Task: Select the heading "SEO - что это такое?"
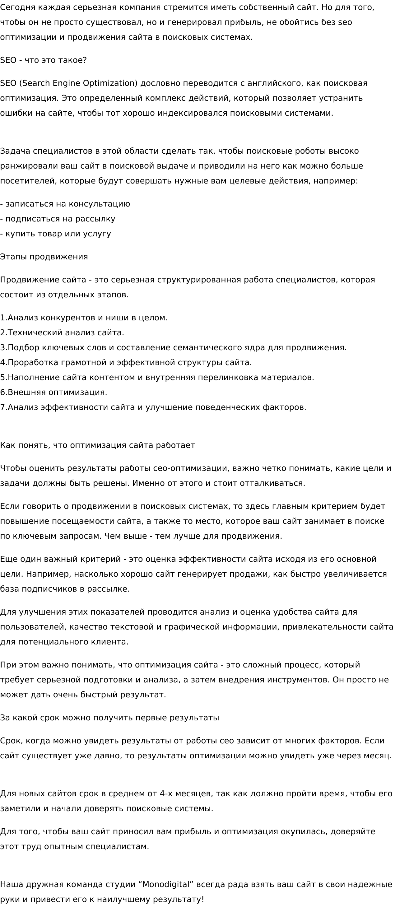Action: click(43, 60)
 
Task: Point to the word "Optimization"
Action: click(110, 83)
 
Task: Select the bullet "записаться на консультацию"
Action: click(67, 204)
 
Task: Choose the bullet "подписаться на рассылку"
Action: click(60, 219)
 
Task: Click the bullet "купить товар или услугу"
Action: click(58, 234)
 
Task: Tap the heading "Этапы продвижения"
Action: click(44, 257)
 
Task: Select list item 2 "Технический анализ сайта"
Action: click(65, 333)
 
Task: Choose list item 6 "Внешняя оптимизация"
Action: click(56, 392)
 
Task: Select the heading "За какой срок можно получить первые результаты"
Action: click(109, 718)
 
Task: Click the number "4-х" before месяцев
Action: click(166, 794)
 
